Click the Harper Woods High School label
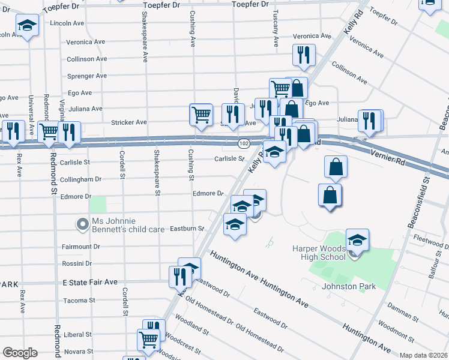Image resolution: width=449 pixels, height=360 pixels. coord(319,253)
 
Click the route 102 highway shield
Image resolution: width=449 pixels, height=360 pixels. coord(243,144)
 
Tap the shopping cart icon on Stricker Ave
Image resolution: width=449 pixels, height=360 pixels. coord(201,114)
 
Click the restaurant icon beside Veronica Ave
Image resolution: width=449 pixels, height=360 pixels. coord(304,55)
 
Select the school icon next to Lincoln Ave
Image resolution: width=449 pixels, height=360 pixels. coord(26,26)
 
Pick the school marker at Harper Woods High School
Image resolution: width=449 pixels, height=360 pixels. coord(357,241)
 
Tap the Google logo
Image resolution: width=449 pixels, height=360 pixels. coord(20,353)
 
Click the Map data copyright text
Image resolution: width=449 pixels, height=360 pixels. coord(424,355)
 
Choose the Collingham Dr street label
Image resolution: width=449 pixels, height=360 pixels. coord(82,179)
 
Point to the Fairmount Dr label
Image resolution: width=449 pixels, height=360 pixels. coord(81,247)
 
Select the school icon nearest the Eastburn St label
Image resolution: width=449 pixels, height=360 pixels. coord(235,226)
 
